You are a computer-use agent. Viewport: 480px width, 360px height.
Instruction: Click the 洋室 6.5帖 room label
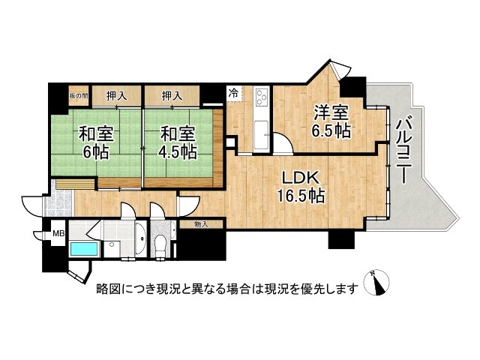pos(331,122)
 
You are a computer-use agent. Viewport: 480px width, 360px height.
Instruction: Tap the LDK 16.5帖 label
pos(301,187)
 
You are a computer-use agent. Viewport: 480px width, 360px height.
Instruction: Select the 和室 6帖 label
pos(96,143)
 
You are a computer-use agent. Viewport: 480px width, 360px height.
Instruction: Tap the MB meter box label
pos(58,234)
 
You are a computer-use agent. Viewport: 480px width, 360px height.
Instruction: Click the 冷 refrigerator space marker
pos(233,93)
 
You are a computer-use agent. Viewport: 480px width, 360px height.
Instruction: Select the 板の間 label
pos(79,96)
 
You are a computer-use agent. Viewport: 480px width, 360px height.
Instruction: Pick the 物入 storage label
pos(201,224)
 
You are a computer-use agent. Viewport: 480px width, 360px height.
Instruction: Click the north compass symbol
pos(376,283)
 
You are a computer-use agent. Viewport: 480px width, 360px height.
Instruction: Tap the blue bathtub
pos(85,249)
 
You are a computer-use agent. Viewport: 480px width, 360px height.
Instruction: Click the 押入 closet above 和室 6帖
pos(117,96)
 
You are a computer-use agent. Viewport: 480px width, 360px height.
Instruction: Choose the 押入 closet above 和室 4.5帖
pos(172,96)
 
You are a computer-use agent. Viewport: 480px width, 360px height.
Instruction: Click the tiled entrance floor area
pos(58,202)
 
